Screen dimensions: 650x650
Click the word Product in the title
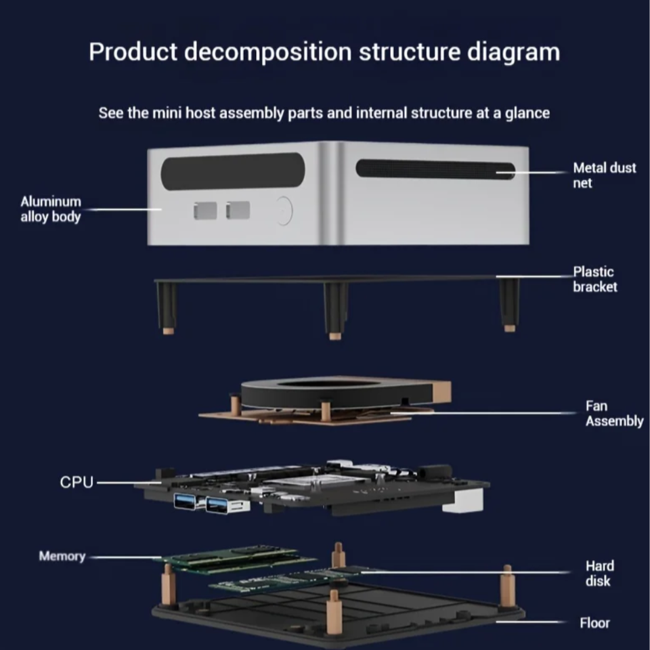coord(133,52)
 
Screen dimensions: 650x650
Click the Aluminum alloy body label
coord(50,209)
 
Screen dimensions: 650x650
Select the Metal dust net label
coord(604,175)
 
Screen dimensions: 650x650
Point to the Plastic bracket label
coord(595,279)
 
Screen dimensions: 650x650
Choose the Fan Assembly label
coord(613,414)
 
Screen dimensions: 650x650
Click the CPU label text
coord(77,483)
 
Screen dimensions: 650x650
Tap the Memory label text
coord(62,557)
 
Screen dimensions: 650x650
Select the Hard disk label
coord(599,573)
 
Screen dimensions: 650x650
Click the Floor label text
coord(594,623)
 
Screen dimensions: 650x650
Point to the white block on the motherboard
coord(463,500)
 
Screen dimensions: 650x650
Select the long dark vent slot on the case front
coord(232,171)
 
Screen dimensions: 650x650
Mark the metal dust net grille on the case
coord(433,169)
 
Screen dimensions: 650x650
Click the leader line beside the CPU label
coord(129,483)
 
